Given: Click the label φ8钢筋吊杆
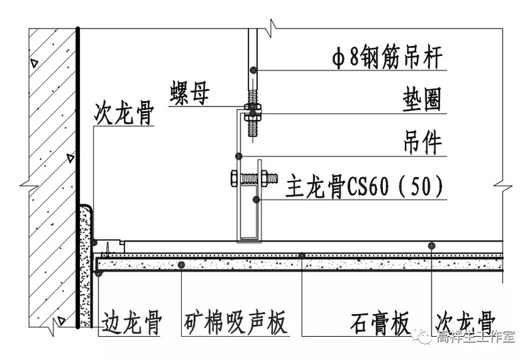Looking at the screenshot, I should click(x=388, y=59).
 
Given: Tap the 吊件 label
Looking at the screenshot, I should click(x=422, y=142).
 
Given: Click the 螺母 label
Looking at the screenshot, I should click(x=189, y=94).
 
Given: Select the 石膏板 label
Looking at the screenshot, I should click(x=380, y=325).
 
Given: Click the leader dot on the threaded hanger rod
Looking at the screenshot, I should click(x=252, y=69).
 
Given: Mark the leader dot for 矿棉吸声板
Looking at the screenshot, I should click(x=181, y=265).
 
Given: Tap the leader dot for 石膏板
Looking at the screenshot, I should click(x=302, y=256).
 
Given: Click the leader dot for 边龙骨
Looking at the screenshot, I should click(x=98, y=273).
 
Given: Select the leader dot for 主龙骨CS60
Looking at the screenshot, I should click(x=256, y=199).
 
